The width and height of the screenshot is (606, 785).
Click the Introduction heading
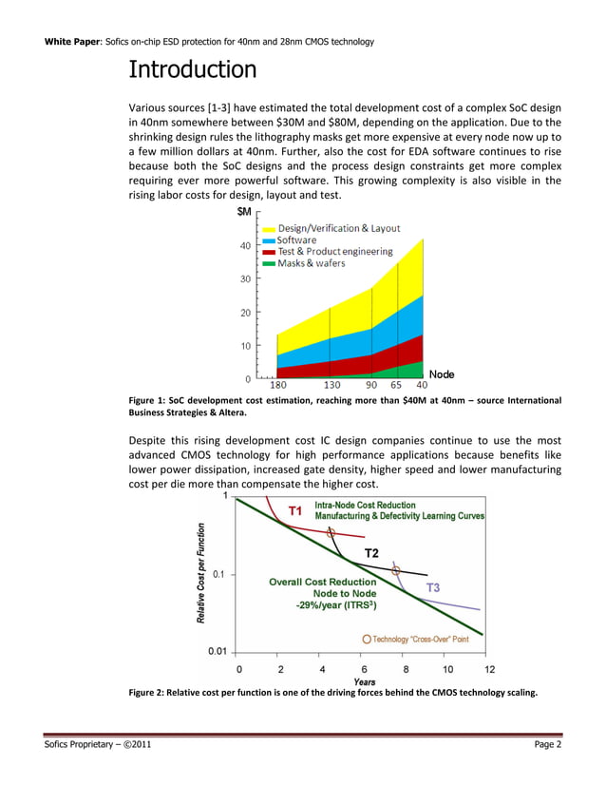coord(192,69)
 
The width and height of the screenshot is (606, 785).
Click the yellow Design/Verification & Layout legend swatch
coord(269,229)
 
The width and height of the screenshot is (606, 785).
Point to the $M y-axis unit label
coord(243,212)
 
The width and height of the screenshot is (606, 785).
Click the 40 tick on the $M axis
coord(245,246)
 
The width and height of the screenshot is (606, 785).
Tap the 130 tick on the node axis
coord(333,386)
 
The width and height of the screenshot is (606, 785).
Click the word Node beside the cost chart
coord(442,374)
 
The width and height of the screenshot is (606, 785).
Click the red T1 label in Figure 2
coord(295,511)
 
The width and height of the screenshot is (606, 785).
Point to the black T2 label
coord(372,553)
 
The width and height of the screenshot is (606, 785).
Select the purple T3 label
coord(432,587)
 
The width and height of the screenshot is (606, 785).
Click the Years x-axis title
coord(364,681)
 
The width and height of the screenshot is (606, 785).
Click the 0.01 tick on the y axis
coord(218,652)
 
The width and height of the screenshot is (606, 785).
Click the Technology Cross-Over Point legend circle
coord(367,639)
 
